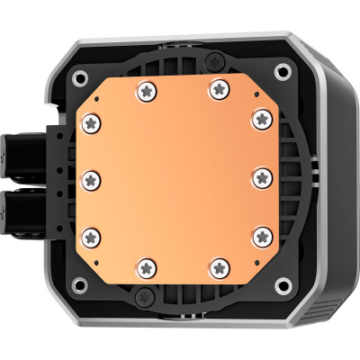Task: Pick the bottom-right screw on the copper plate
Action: pyautogui.click(x=217, y=266)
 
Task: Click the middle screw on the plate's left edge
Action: pyautogui.click(x=90, y=178)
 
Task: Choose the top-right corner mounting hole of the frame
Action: pyautogui.click(x=283, y=71)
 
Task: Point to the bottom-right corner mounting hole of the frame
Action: pyautogui.click(x=283, y=284)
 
